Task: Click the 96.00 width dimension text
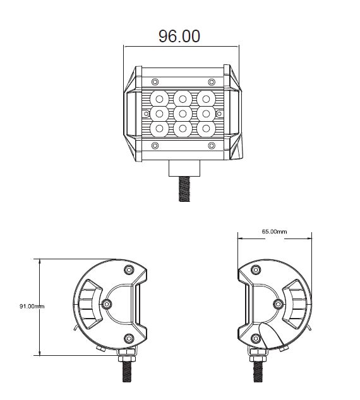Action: pos(179,36)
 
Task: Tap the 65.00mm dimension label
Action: pos(274,232)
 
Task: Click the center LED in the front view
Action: pos(182,113)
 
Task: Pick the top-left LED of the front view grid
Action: pos(159,98)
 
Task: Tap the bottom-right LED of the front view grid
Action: pos(205,128)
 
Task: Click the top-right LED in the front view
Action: pos(205,98)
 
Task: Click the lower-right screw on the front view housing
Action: pos(210,146)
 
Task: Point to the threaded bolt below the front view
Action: pos(183,188)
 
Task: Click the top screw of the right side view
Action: pos(256,269)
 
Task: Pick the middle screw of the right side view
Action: pos(278,304)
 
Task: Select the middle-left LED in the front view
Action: pos(159,113)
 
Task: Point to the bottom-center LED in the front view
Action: pos(182,128)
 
